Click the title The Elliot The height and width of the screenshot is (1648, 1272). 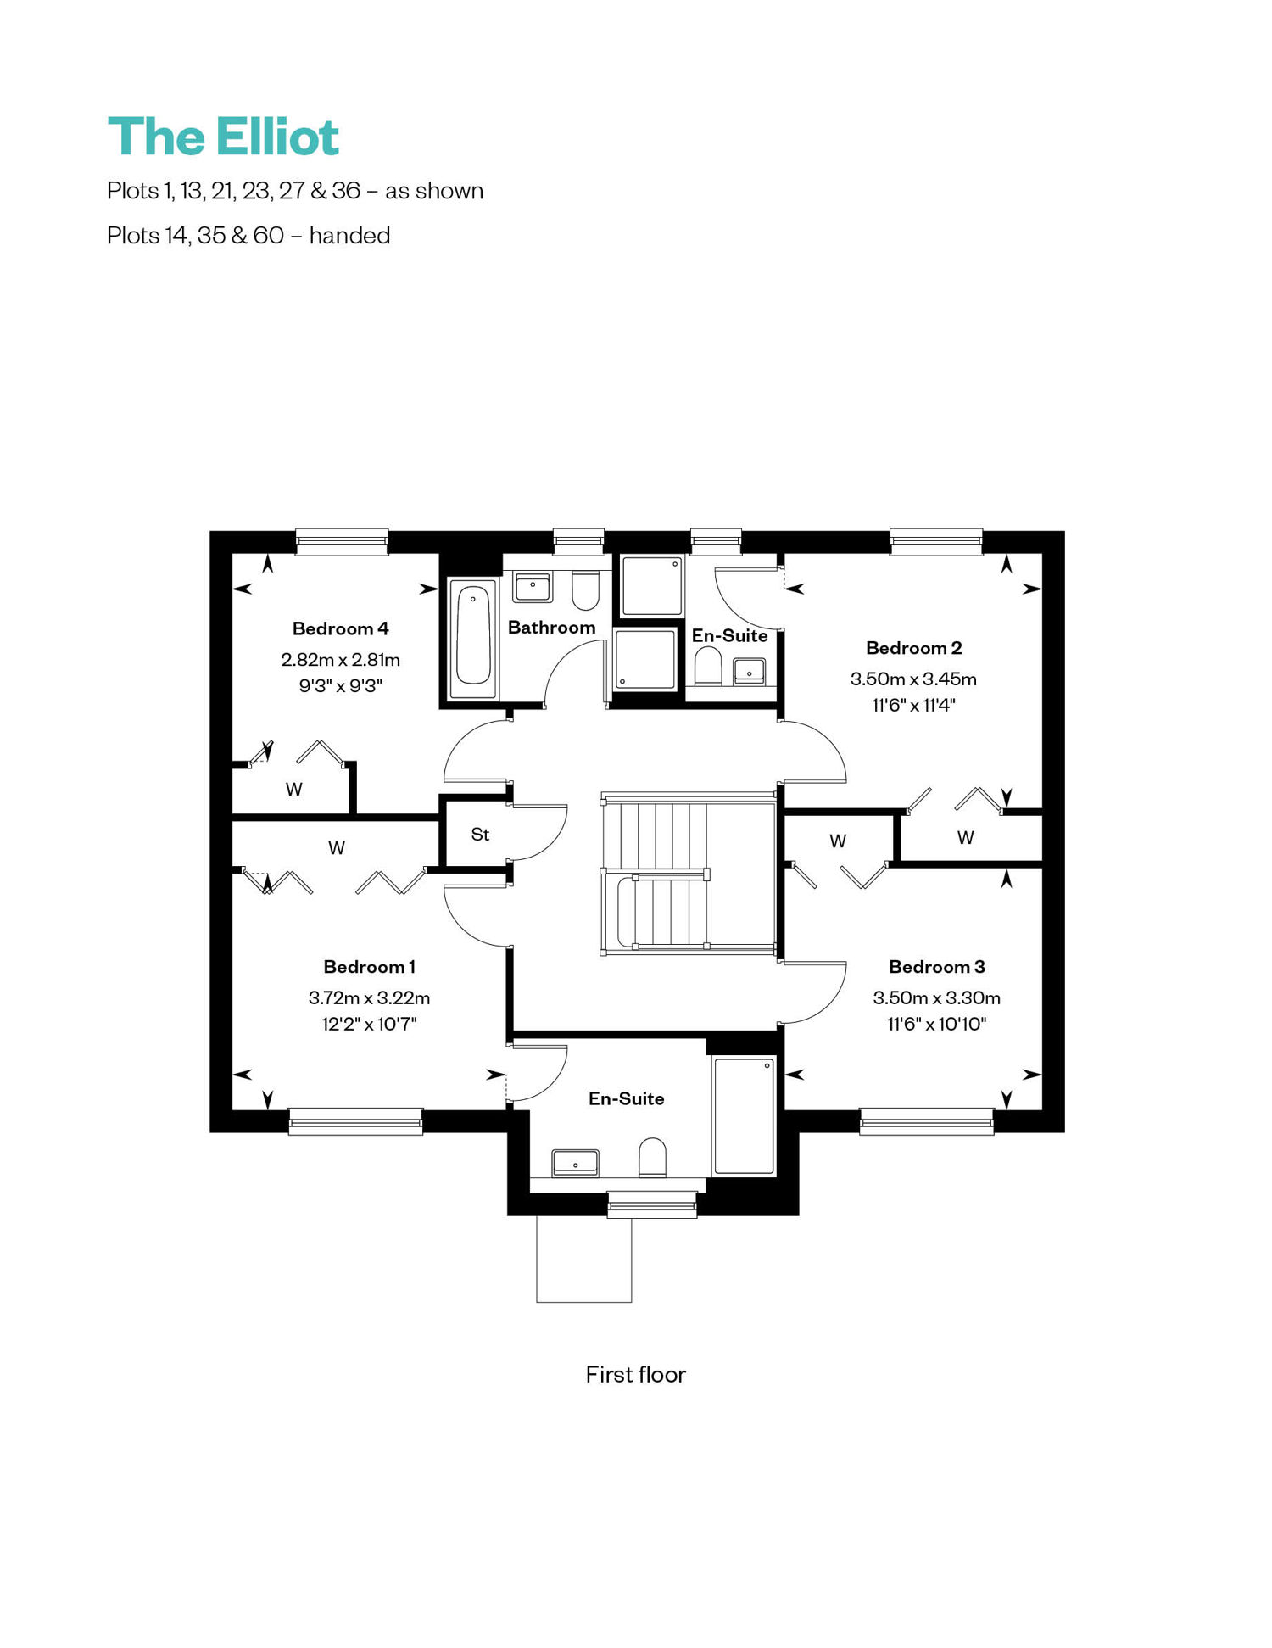click(223, 137)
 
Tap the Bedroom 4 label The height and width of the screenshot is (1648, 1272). click(340, 628)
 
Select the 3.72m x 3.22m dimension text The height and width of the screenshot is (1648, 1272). click(369, 997)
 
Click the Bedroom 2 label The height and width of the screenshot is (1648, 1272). click(913, 648)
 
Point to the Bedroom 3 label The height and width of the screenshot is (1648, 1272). click(936, 967)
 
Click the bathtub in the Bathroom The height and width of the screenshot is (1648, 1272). click(472, 640)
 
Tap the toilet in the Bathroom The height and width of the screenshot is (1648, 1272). click(585, 590)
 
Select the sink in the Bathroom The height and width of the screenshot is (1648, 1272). click(533, 587)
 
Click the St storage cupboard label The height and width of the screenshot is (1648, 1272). click(480, 835)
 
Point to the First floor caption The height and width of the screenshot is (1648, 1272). click(635, 1375)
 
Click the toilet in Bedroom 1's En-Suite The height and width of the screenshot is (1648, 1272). click(652, 1157)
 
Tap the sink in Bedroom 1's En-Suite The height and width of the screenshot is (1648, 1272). click(575, 1163)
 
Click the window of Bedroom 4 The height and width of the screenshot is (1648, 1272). click(342, 542)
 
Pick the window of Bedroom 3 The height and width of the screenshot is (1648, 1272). click(926, 1121)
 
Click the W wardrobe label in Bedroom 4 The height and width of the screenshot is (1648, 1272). click(294, 790)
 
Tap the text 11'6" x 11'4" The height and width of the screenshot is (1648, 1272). click(913, 705)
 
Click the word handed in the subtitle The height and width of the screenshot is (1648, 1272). click(349, 235)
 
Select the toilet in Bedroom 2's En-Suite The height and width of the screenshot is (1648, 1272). click(707, 666)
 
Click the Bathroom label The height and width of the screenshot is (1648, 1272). click(551, 628)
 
